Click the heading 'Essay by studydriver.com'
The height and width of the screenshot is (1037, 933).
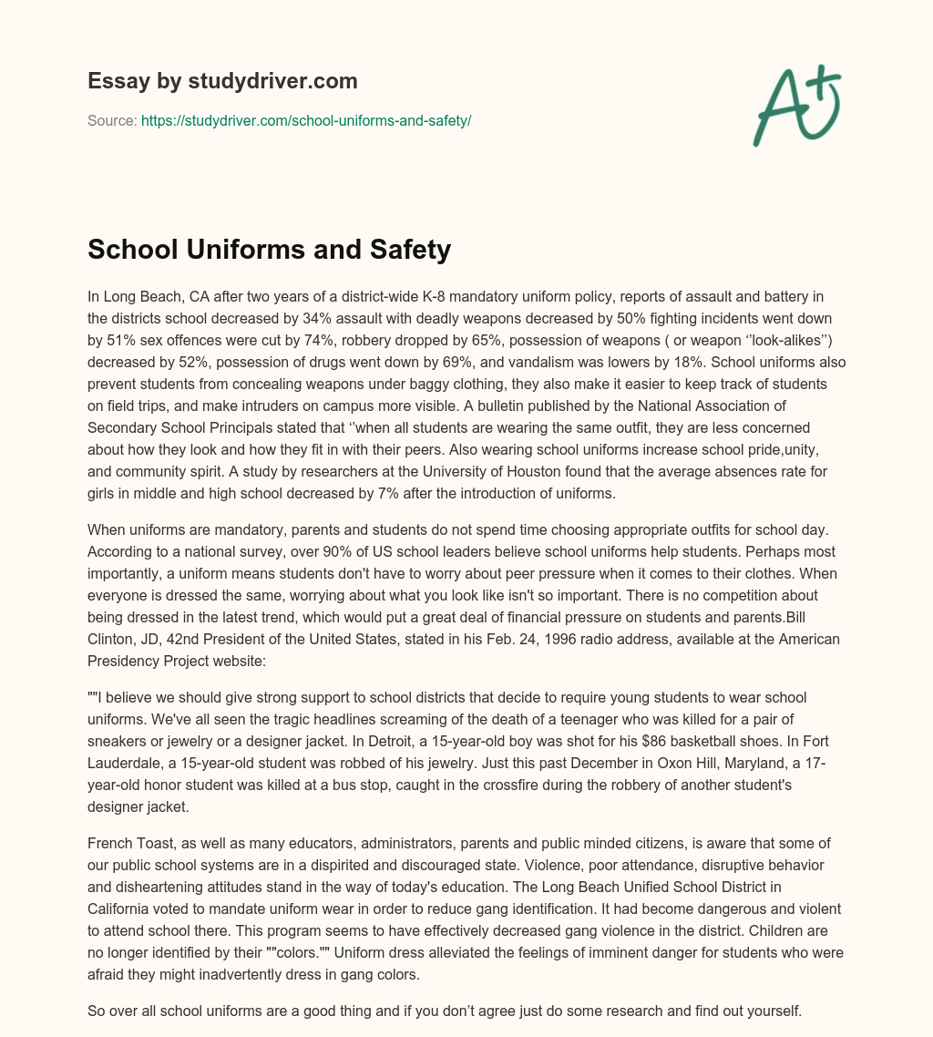coord(222,81)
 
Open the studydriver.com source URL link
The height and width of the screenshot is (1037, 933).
coord(306,120)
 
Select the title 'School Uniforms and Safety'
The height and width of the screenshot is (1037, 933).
coord(269,249)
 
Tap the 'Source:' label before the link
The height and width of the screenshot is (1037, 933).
coord(112,120)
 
